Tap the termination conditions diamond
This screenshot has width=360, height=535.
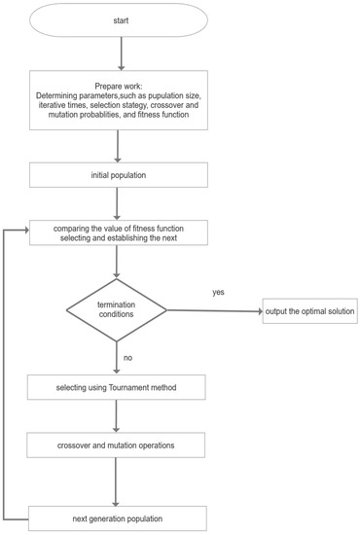[x=117, y=312]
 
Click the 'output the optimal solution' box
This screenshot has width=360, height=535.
[x=309, y=312]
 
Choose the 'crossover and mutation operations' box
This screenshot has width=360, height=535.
[x=117, y=446]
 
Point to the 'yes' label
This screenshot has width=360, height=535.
[x=219, y=291]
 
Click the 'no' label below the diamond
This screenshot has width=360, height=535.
[x=127, y=357]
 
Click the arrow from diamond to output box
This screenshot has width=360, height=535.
[x=214, y=312]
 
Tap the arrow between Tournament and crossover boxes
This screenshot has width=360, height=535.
[x=117, y=417]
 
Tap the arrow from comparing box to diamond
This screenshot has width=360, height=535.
[x=117, y=262]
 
